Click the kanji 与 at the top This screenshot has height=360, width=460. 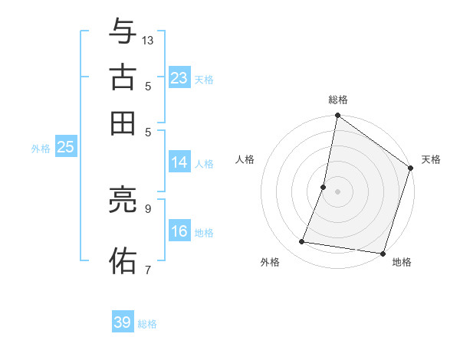(x=123, y=33)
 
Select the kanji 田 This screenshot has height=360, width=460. (x=123, y=122)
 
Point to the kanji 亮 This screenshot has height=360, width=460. (x=123, y=201)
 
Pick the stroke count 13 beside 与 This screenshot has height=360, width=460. (x=148, y=40)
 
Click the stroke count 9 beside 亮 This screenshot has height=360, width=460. (x=148, y=208)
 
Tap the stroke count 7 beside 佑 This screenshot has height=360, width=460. (x=148, y=269)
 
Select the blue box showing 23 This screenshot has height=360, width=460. (x=179, y=78)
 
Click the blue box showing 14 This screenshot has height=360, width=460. (x=179, y=162)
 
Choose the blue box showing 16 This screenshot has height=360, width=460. (x=179, y=232)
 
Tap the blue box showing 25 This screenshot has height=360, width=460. (x=65, y=148)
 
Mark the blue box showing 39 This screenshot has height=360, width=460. (x=123, y=322)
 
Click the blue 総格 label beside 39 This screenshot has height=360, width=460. (x=147, y=324)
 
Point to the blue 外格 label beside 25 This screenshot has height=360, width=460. (x=40, y=149)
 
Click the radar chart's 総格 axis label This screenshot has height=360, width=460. (x=337, y=100)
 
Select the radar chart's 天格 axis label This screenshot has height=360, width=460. (x=431, y=159)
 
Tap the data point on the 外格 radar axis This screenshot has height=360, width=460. (x=302, y=242)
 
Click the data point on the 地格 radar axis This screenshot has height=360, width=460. (x=382, y=253)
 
